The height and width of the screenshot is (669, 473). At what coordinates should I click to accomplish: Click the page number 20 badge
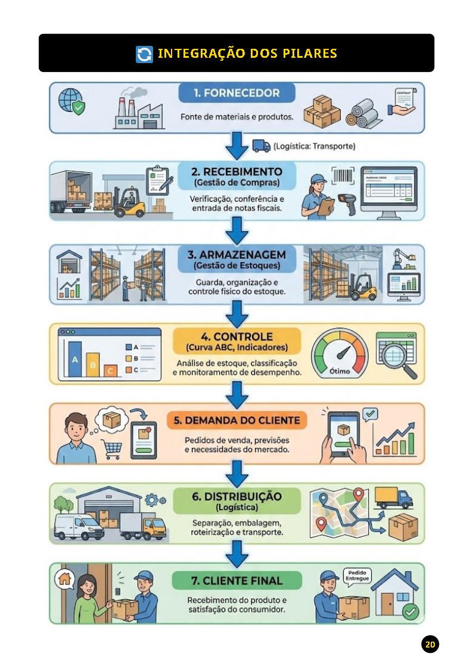coord(430,644)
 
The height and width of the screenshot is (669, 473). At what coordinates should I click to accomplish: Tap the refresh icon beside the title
coord(144,54)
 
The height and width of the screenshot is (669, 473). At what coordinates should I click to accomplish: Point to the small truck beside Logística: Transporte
coord(261,146)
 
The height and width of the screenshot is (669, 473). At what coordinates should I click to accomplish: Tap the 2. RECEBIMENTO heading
coord(237,172)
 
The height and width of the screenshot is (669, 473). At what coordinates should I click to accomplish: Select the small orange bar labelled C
coord(110,371)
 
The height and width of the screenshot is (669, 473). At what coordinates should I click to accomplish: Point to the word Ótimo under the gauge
coord(340,372)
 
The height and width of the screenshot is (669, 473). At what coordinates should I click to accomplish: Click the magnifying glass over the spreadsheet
coord(396,357)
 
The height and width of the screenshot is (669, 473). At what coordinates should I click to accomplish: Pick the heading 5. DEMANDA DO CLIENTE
coord(236,420)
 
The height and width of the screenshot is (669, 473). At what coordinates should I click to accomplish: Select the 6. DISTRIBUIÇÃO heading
coord(237,496)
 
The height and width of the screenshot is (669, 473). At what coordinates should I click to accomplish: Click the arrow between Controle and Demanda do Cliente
coord(237,393)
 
